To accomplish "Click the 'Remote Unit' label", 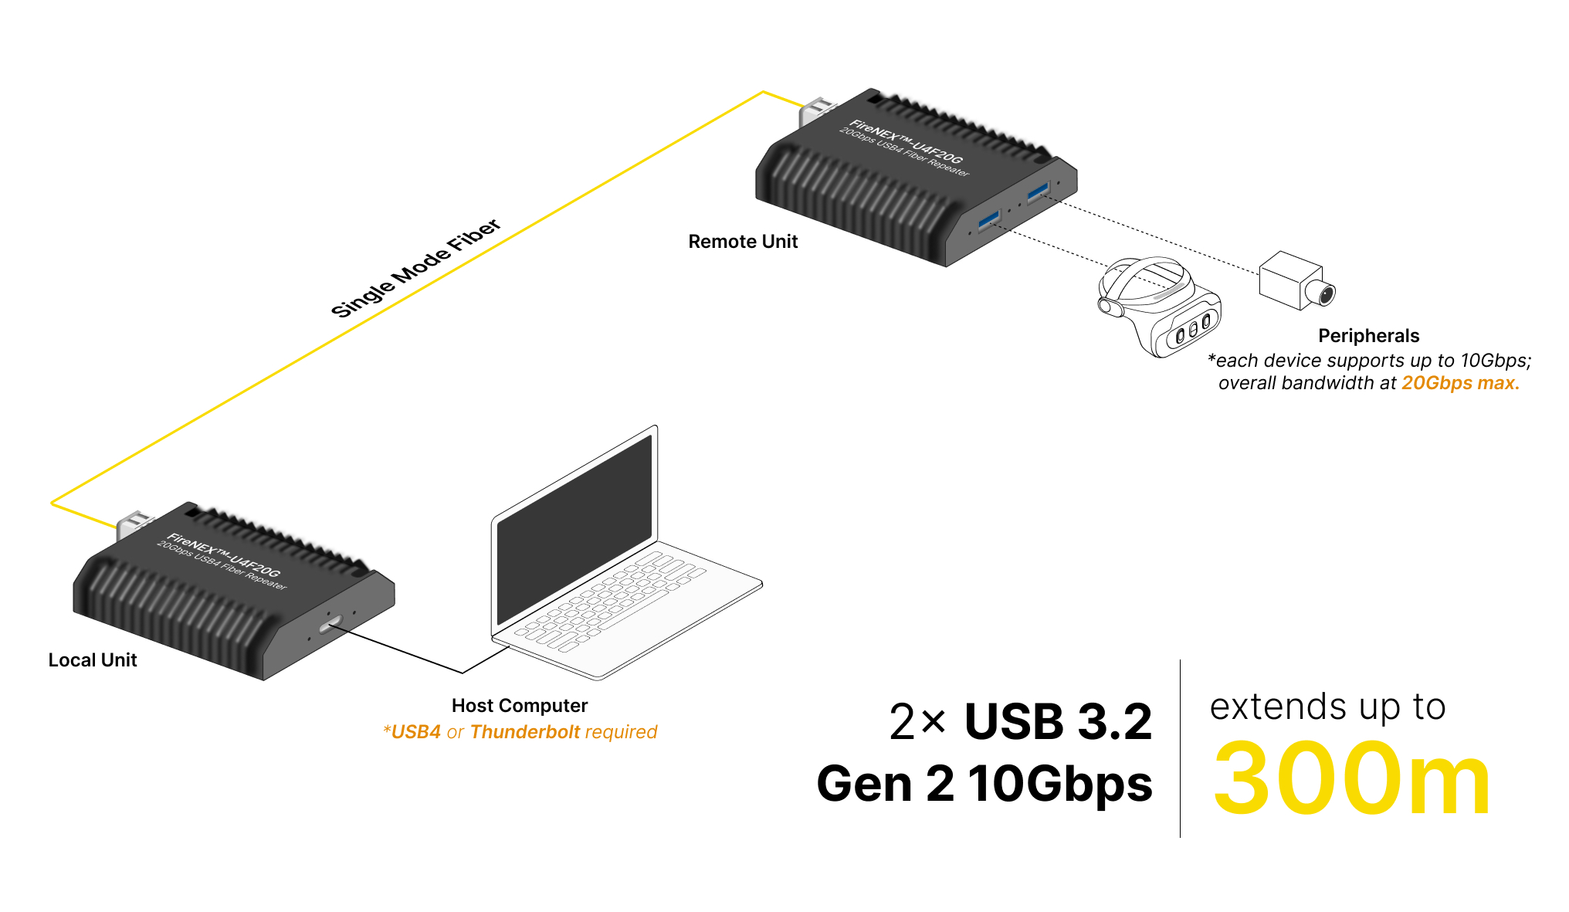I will pos(743,242).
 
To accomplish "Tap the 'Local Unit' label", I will pos(93,660).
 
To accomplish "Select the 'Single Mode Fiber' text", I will pos(415,267).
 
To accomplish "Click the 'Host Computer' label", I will pos(520,706).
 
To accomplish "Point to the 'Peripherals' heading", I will pos(1368,336).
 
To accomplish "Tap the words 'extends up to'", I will pos(1327,707).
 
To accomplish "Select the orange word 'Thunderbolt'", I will pos(525,732).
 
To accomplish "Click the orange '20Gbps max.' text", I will pos(1460,383).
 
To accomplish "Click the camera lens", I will pos(1325,294).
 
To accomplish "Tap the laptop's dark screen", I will pos(574,529).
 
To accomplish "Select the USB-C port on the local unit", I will pos(330,623).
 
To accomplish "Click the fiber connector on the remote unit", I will pos(815,113).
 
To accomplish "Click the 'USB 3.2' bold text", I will pos(1058,722).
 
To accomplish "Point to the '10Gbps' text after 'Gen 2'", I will pos(1060,784).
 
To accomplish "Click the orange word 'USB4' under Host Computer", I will pos(416,732).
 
